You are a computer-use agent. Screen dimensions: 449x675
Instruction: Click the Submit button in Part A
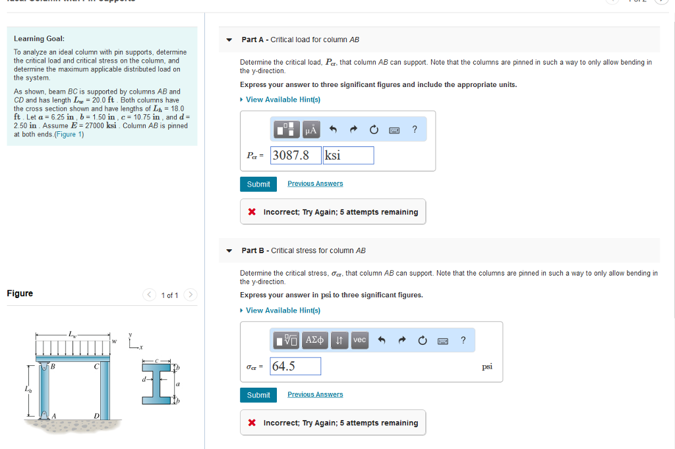click(258, 184)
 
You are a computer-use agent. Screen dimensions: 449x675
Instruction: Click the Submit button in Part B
click(258, 395)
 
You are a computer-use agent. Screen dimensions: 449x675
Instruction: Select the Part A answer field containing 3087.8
click(295, 156)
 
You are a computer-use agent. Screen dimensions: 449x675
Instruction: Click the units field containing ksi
click(348, 156)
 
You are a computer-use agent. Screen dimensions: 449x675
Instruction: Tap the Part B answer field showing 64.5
click(295, 366)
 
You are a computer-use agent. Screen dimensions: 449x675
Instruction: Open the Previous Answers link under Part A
click(315, 184)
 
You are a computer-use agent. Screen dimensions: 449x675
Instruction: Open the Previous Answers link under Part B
click(315, 395)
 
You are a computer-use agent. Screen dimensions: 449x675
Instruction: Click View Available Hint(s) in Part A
click(283, 100)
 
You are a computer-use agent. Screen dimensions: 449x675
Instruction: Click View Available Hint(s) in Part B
click(283, 311)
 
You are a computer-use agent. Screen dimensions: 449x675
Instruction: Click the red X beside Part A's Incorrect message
click(252, 212)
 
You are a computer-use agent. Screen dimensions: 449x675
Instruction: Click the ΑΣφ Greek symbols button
click(315, 340)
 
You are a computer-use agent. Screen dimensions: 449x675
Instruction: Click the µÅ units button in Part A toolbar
click(311, 130)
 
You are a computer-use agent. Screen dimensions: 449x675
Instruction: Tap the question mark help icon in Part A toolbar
click(414, 130)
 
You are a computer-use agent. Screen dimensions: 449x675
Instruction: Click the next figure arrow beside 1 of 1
click(191, 295)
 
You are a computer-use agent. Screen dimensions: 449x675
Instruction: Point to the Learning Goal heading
click(39, 39)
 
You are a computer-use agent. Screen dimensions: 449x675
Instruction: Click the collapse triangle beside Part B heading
click(229, 251)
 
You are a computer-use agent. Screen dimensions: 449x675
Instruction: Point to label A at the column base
click(53, 415)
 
